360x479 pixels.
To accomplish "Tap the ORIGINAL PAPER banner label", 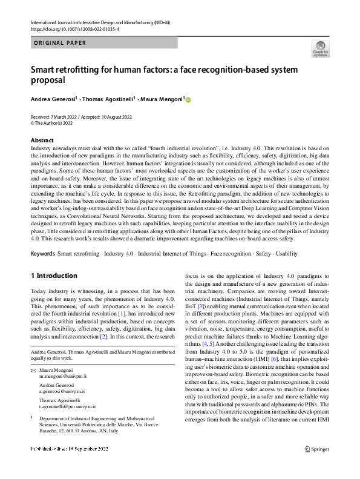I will (60, 43).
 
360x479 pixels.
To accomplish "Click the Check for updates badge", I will (320, 48).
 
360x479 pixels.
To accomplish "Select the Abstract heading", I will (42, 140).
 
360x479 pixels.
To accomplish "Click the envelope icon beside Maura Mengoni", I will (33, 370).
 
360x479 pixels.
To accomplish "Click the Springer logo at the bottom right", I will (317, 466).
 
